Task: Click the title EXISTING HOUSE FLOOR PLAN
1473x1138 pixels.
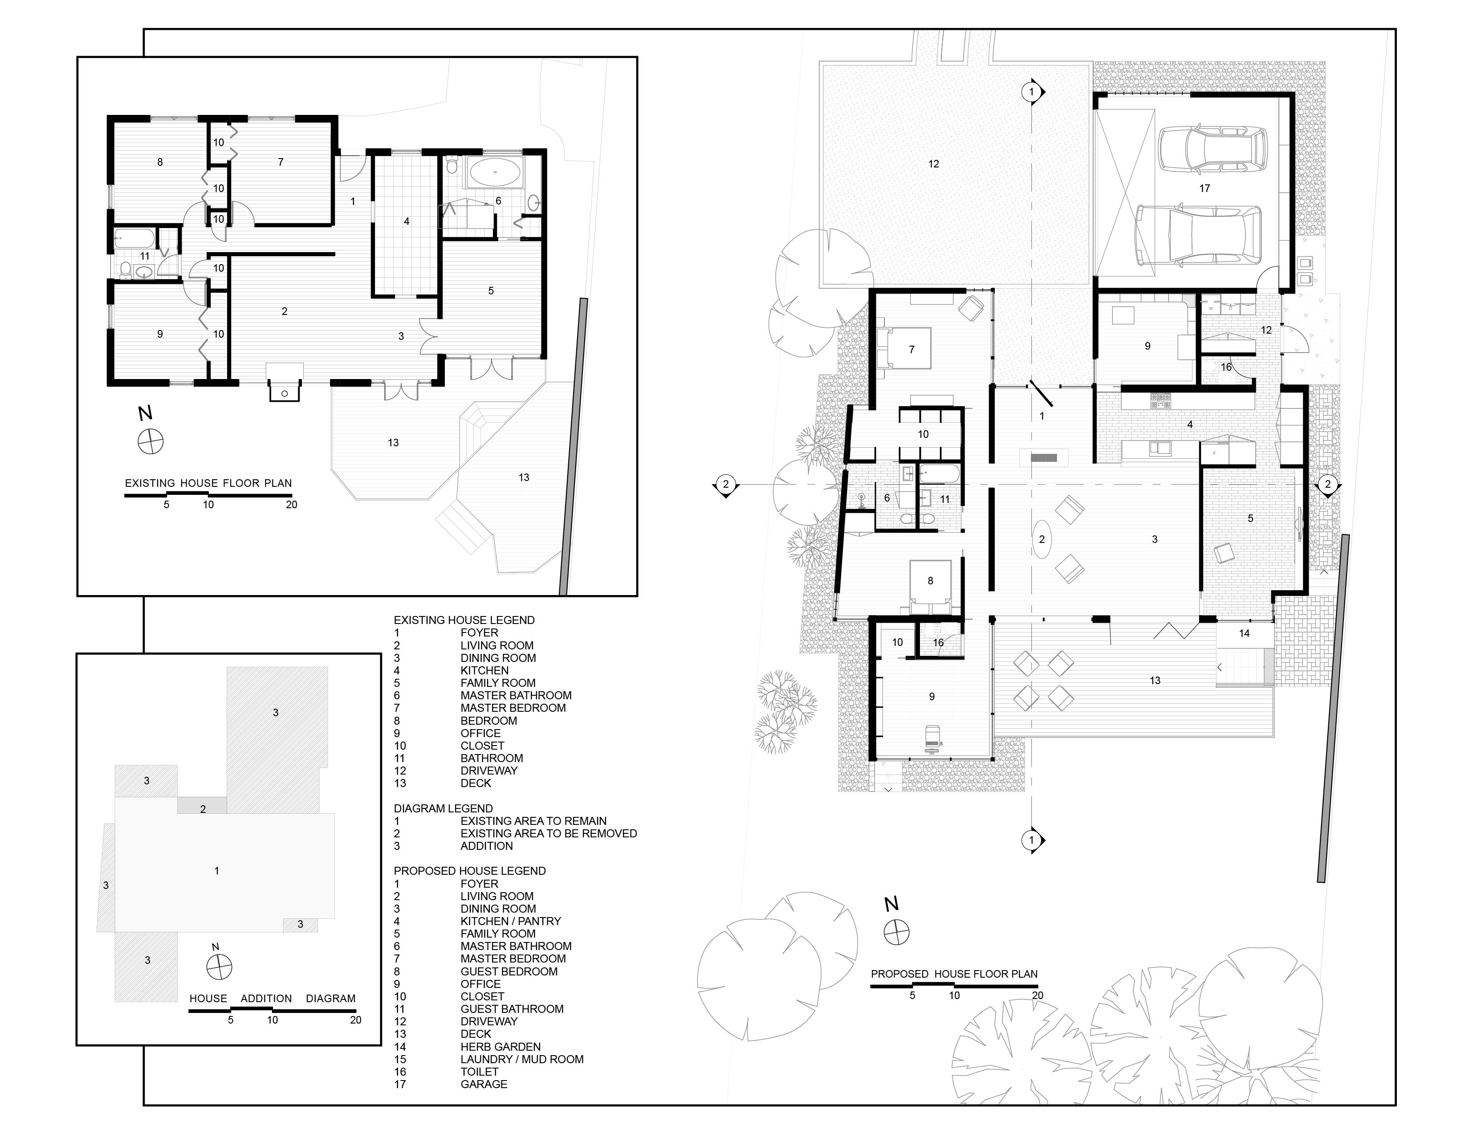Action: [208, 483]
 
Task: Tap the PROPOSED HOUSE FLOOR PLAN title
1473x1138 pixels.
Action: [954, 974]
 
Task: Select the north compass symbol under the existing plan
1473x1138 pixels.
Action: [151, 442]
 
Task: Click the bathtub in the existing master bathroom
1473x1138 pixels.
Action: [495, 173]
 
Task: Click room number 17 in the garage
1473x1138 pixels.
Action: [1204, 188]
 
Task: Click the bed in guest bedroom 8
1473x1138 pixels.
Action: [931, 586]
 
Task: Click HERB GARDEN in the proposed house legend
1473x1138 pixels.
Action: [500, 1046]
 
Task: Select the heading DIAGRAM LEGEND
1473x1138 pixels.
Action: [443, 808]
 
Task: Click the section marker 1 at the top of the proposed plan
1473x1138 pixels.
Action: [1032, 91]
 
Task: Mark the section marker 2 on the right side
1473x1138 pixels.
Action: [1327, 484]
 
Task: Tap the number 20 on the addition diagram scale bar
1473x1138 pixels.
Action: [355, 1020]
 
